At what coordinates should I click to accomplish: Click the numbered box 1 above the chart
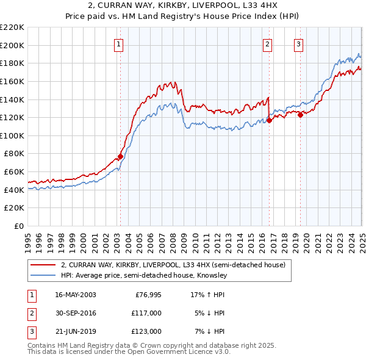coord(118,44)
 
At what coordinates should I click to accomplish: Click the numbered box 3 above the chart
coord(299,44)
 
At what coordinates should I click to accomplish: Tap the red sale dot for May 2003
coord(121,156)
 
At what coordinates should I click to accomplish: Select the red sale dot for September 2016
coord(269,120)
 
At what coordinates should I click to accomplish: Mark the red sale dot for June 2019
coord(300,115)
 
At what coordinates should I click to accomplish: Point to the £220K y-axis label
coord(12,27)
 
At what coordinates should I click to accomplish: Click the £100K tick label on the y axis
coord(12,135)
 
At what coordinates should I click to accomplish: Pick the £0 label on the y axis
coord(20,226)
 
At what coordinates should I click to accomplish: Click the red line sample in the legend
coord(43,265)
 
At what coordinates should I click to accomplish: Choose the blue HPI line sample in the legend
coord(43,276)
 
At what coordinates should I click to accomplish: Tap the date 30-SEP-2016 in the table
coord(76,313)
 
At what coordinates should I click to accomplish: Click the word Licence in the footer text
coord(199,352)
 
